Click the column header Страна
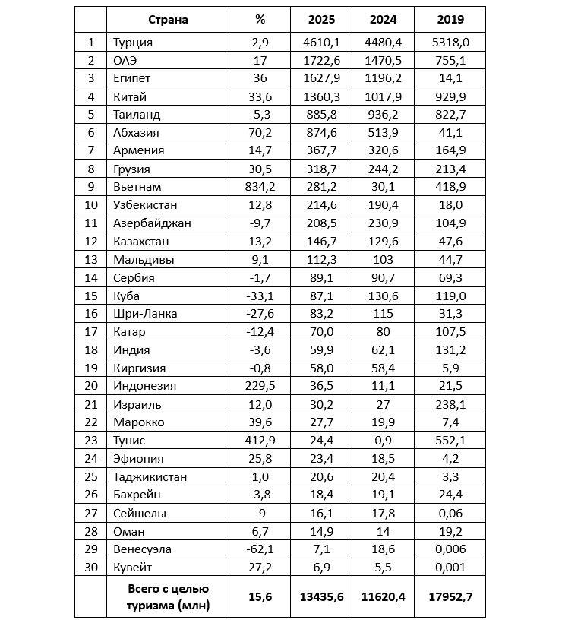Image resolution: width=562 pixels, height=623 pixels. (x=168, y=20)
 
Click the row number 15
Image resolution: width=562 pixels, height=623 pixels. (x=90, y=296)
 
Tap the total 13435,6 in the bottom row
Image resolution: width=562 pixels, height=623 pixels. (x=321, y=597)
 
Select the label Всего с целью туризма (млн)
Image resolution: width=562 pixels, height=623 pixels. (x=168, y=597)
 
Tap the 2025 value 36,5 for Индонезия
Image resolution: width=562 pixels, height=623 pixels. (x=321, y=386)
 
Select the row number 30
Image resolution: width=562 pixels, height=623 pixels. (x=90, y=568)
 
